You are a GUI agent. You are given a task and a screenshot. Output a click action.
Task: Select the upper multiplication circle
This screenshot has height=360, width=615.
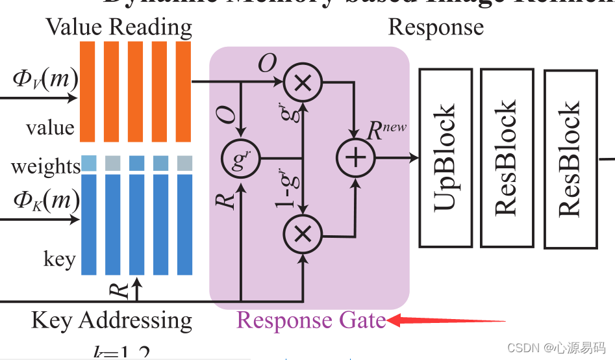click(x=302, y=83)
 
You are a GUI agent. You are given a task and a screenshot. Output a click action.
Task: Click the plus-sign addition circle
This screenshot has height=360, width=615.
click(x=355, y=158)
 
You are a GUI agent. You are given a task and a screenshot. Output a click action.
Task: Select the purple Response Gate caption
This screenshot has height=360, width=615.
click(x=310, y=320)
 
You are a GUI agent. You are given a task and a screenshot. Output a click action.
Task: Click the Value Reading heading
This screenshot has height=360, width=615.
click(x=119, y=27)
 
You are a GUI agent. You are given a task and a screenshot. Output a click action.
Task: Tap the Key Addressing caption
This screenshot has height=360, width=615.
click(x=112, y=320)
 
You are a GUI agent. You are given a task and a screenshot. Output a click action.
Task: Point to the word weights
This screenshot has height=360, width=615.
click(x=45, y=166)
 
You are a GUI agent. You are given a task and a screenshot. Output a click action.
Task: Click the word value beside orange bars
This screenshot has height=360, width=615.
click(x=50, y=127)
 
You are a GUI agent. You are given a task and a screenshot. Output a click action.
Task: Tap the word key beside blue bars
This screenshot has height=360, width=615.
click(x=60, y=259)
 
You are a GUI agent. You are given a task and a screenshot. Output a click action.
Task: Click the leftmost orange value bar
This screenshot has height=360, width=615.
click(x=88, y=91)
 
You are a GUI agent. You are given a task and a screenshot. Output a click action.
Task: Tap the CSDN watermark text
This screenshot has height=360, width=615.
click(x=556, y=348)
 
